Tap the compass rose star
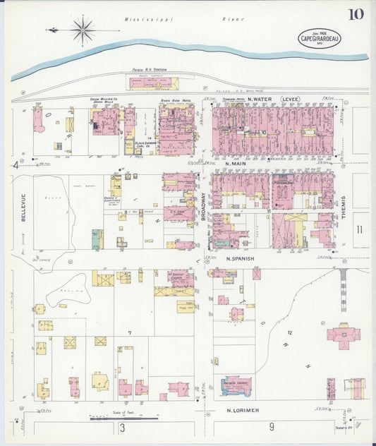[83, 30]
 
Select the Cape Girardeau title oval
[315, 37]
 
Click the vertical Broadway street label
[202, 208]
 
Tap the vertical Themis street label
[344, 208]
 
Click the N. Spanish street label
[240, 259]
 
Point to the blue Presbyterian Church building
[236, 385]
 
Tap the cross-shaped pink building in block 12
[343, 334]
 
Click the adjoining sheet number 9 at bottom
[271, 427]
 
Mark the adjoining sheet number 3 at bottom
[122, 428]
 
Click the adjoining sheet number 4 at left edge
[15, 165]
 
